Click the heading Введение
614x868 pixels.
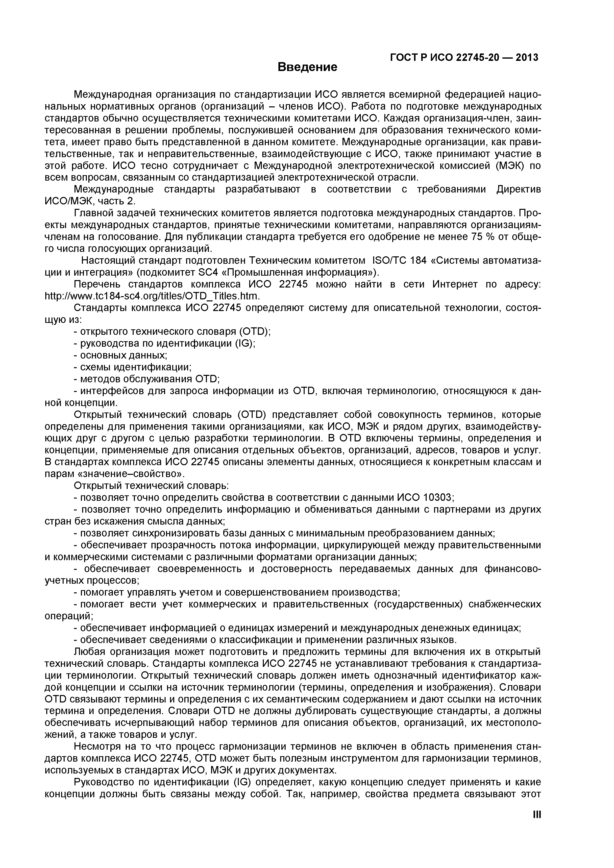point(307,67)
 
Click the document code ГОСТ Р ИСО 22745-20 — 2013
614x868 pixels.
point(464,57)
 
